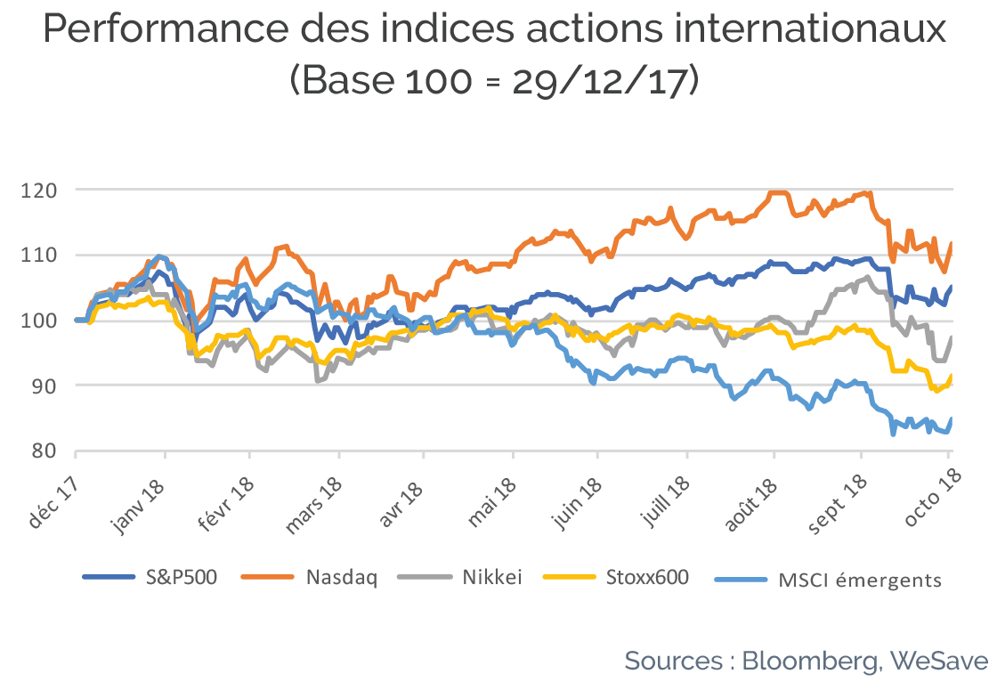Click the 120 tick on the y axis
[39, 190]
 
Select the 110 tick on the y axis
[39, 256]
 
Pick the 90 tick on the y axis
[44, 386]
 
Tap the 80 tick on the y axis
[44, 451]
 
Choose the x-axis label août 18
[750, 503]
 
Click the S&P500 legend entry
[150, 577]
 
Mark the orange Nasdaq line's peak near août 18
[778, 192]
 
